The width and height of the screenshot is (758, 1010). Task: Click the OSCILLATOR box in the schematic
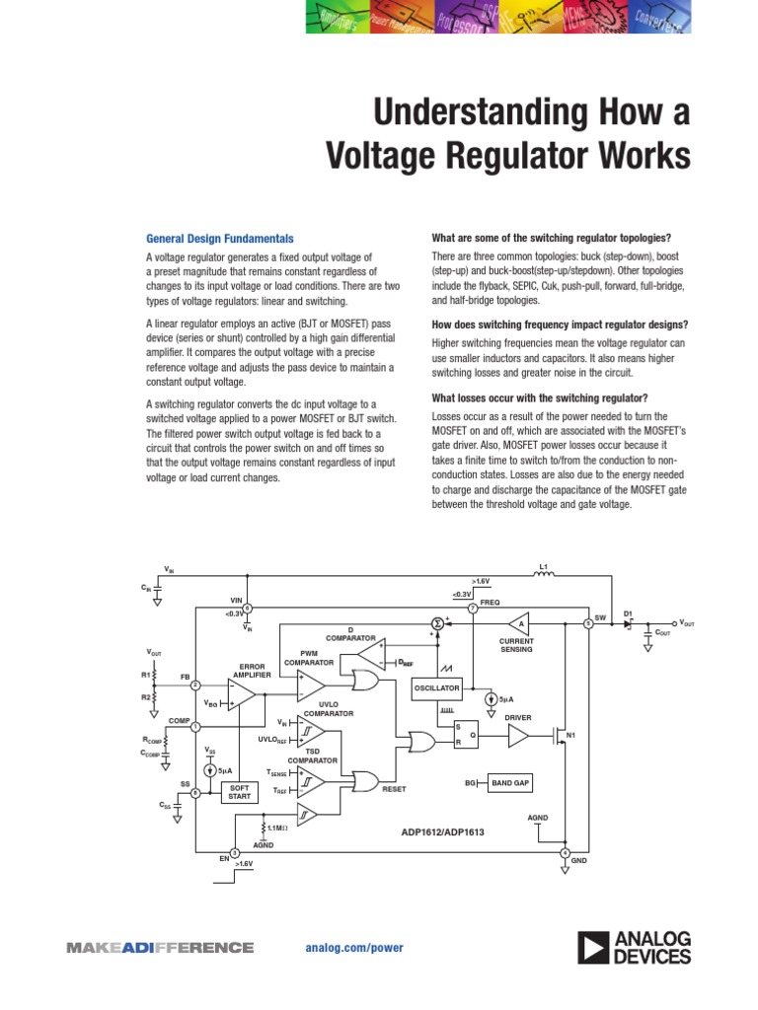coord(437,687)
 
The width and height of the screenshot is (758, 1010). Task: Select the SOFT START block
coord(239,792)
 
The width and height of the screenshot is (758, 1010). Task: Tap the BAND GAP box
coord(510,782)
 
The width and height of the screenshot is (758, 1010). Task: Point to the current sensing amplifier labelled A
coord(517,624)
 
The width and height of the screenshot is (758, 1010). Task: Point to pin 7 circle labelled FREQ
coord(473,609)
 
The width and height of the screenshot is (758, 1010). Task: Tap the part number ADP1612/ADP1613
coord(442,831)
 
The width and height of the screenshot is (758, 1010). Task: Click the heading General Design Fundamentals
coord(219,239)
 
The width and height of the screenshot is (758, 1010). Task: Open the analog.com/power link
coord(354,947)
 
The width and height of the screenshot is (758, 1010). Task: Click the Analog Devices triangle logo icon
coord(593,949)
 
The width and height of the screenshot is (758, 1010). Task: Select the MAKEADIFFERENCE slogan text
coord(160,948)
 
